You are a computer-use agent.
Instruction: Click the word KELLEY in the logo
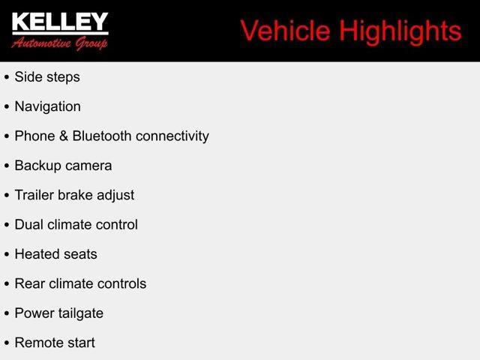tap(60, 22)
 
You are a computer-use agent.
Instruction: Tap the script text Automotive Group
tap(60, 43)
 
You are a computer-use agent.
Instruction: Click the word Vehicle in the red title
tap(285, 31)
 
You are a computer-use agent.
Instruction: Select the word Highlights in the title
tap(400, 32)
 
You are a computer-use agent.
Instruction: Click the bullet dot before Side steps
tap(7, 77)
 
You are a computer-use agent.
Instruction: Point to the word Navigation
tap(48, 106)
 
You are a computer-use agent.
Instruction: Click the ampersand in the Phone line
tap(64, 136)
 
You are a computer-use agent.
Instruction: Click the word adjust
tap(115, 196)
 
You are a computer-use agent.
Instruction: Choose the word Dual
tap(28, 224)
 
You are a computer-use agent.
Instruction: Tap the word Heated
tap(35, 254)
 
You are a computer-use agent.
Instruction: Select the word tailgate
tap(81, 313)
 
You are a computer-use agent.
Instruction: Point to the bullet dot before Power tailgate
tap(7, 313)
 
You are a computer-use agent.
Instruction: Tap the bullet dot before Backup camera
tap(7, 166)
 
